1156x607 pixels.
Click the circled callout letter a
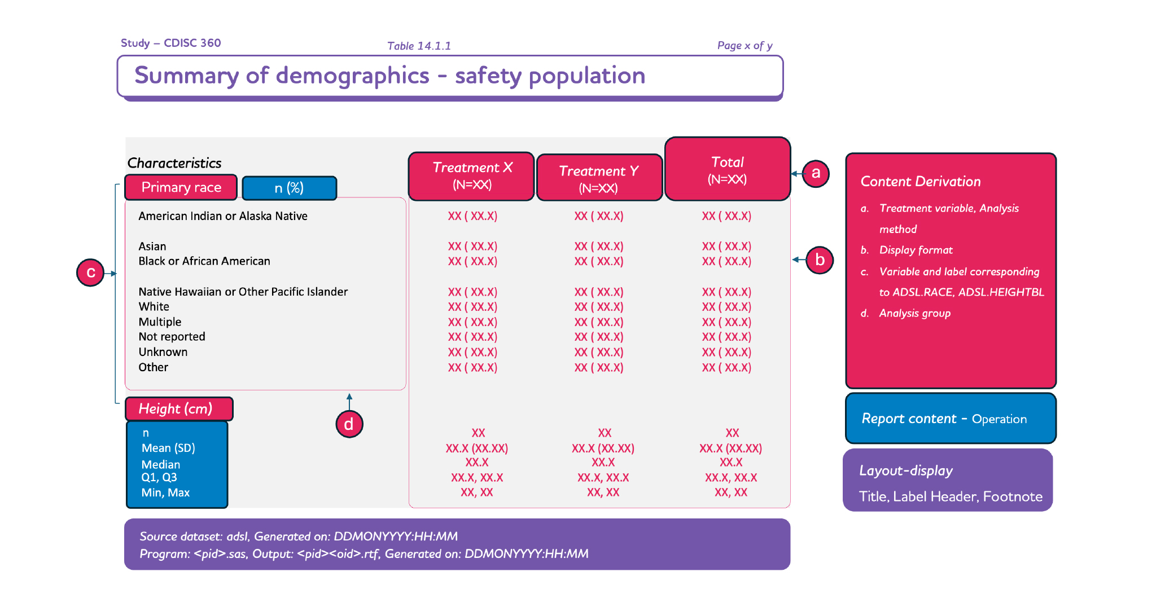tap(816, 173)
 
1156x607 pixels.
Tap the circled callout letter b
tap(820, 260)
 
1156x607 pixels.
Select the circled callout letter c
tap(90, 273)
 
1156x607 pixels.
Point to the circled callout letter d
tap(349, 424)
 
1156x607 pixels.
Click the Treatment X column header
tap(471, 176)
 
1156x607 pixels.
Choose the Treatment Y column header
tap(599, 178)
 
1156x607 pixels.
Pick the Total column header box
tap(728, 169)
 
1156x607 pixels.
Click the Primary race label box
tap(181, 187)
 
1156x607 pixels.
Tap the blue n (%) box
tap(289, 188)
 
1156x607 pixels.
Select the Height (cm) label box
tap(178, 409)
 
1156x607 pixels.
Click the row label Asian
tap(152, 247)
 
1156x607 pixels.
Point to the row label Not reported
tap(172, 337)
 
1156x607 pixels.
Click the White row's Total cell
tap(726, 307)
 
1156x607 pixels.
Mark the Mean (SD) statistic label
tap(168, 448)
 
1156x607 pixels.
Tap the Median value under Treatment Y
tap(603, 463)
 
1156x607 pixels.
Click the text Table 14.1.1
tap(419, 46)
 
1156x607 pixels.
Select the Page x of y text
tap(745, 46)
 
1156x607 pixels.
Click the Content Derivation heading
tap(921, 182)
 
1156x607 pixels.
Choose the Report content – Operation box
tap(951, 419)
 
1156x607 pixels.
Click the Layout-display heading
tap(906, 470)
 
